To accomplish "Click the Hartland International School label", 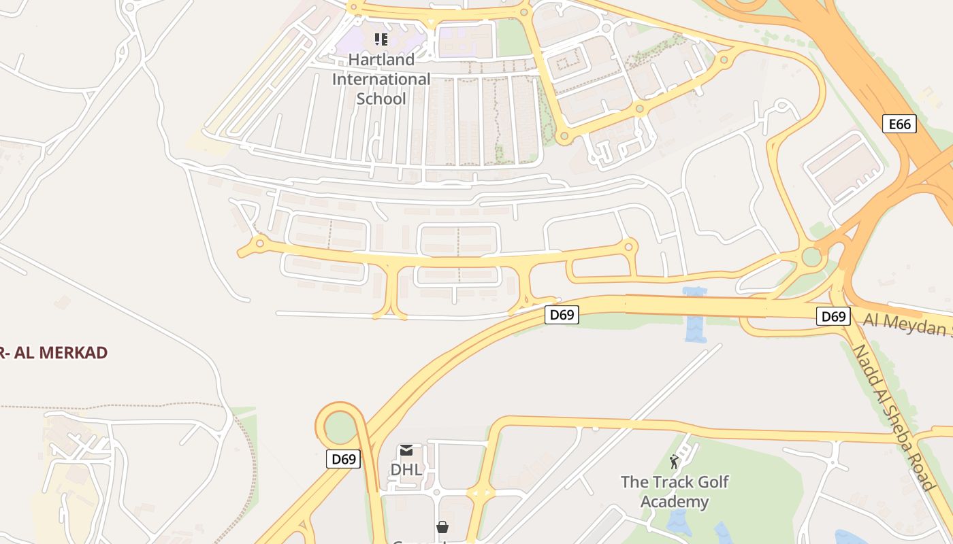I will coord(381,79).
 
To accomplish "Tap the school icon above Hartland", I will coord(381,39).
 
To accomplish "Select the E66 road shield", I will coord(899,124).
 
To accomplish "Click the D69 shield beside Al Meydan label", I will coord(833,316).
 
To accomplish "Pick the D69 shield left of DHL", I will coord(343,459).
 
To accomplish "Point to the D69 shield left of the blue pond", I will coord(562,315).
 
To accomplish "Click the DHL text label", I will coord(406,469).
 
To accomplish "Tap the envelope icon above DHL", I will coord(406,450).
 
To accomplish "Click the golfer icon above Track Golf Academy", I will coord(674,462).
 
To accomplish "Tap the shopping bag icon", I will coord(442,526).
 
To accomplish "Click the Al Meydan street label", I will coord(909,324).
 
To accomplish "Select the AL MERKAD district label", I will coord(54,352).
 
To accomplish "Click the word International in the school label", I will coord(381,79).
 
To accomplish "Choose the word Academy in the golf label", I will coord(675,502).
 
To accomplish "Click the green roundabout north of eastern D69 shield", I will coord(811,257).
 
